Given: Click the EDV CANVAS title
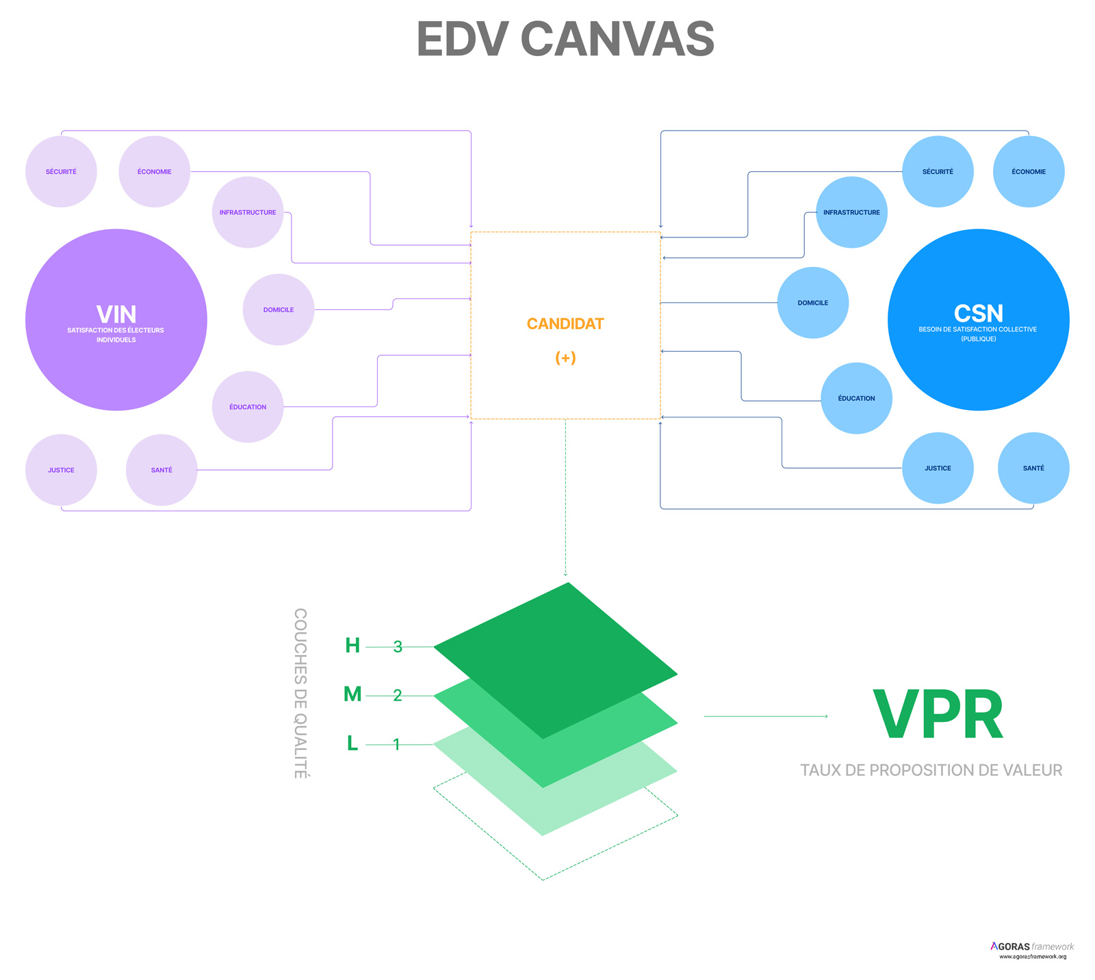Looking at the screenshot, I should tap(565, 39).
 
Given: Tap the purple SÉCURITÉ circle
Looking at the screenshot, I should tap(61, 172).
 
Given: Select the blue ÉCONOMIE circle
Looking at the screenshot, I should tap(1029, 172).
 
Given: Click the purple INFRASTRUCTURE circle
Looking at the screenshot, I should tap(248, 212).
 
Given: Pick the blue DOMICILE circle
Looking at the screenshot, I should tap(813, 302).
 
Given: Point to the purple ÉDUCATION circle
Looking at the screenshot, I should tap(248, 407).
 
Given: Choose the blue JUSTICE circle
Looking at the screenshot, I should tap(938, 468).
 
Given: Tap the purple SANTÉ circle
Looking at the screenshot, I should tap(162, 470).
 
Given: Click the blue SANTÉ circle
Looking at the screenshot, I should tap(1033, 468).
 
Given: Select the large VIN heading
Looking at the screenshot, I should tap(116, 315).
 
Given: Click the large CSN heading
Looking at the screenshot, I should tap(979, 313).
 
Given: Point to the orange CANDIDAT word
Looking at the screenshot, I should tap(565, 324).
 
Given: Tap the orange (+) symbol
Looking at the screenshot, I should tap(565, 358).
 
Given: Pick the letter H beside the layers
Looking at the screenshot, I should tap(352, 645).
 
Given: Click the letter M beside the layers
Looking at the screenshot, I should tap(352, 695).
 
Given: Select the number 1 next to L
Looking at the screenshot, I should tap(396, 745).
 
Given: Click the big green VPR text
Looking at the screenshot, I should tap(938, 714).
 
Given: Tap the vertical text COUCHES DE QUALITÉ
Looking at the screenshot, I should tap(300, 693).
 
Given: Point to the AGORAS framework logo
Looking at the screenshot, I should tap(1032, 950).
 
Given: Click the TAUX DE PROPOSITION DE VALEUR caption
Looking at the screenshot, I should tap(931, 771).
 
